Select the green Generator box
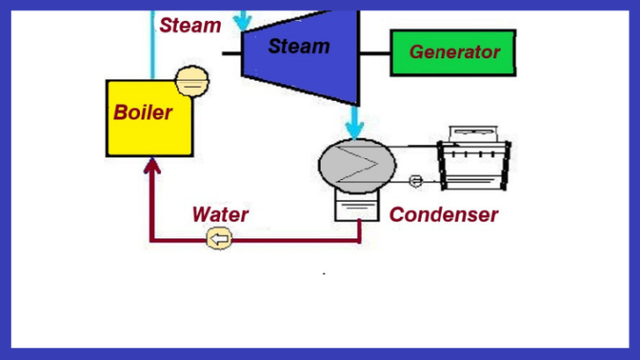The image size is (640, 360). (452, 52)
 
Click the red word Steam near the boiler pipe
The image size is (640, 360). (190, 25)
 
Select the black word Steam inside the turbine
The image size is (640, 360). (298, 46)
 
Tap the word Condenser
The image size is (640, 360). (443, 215)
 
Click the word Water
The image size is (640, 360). (220, 215)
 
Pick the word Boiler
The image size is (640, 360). (142, 112)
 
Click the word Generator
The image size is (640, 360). (454, 52)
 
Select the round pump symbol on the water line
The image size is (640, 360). (219, 241)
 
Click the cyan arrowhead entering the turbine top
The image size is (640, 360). (244, 20)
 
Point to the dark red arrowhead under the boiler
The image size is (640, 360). (152, 166)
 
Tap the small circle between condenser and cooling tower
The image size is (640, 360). (417, 181)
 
